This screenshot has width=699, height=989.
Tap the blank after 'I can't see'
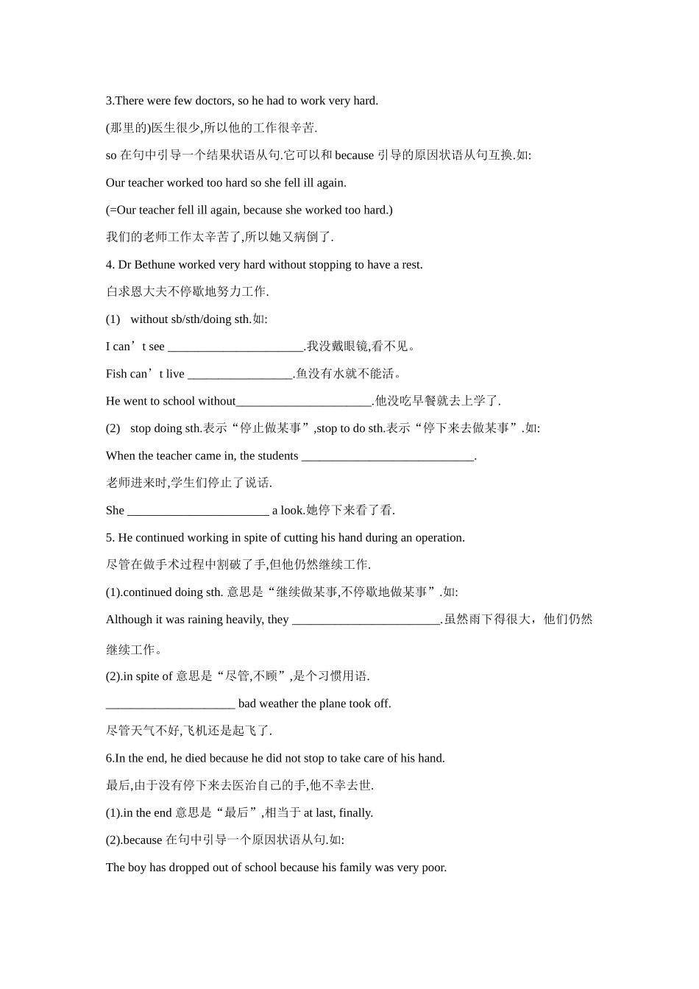coord(235,347)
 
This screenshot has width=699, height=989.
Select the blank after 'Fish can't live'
coord(240,374)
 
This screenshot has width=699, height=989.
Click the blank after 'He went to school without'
coord(304,401)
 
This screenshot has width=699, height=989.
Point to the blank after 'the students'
coord(388,456)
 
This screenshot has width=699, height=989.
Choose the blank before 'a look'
coord(198,511)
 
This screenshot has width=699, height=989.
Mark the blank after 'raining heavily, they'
coord(366,620)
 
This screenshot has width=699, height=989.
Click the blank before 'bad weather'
coord(170,704)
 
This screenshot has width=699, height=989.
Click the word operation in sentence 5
coord(439,538)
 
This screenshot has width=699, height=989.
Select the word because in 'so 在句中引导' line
coord(355,155)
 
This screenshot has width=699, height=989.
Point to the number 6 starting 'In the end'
coord(109,759)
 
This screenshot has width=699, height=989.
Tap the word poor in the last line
coord(433,868)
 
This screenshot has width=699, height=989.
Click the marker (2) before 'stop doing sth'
coord(113,428)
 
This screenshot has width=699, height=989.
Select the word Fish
coord(116,374)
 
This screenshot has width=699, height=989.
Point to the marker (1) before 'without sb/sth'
coord(113,319)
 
